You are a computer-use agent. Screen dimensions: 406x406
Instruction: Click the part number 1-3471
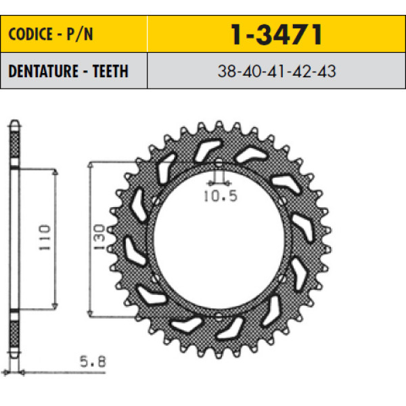click(276, 35)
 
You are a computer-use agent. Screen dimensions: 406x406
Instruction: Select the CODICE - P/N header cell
click(74, 34)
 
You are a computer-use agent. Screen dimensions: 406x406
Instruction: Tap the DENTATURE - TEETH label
click(68, 71)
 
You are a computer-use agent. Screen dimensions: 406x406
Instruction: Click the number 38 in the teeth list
click(227, 71)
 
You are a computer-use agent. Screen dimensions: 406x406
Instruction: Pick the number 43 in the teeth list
click(327, 71)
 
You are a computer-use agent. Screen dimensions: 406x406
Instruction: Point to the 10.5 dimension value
click(221, 196)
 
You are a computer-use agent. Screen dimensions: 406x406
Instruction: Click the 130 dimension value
click(99, 237)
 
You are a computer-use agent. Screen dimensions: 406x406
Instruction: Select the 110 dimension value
click(45, 238)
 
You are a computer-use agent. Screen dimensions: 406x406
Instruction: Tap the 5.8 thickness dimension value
click(93, 361)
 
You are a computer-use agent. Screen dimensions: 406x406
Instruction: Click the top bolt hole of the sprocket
click(219, 163)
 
